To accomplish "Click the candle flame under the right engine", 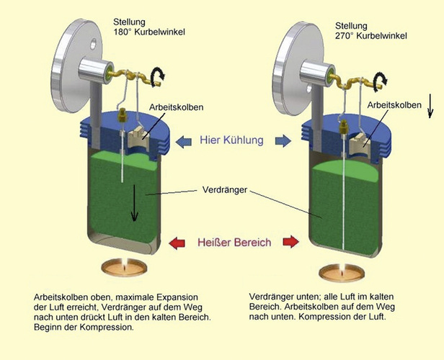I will pyautogui.click(x=337, y=269).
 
